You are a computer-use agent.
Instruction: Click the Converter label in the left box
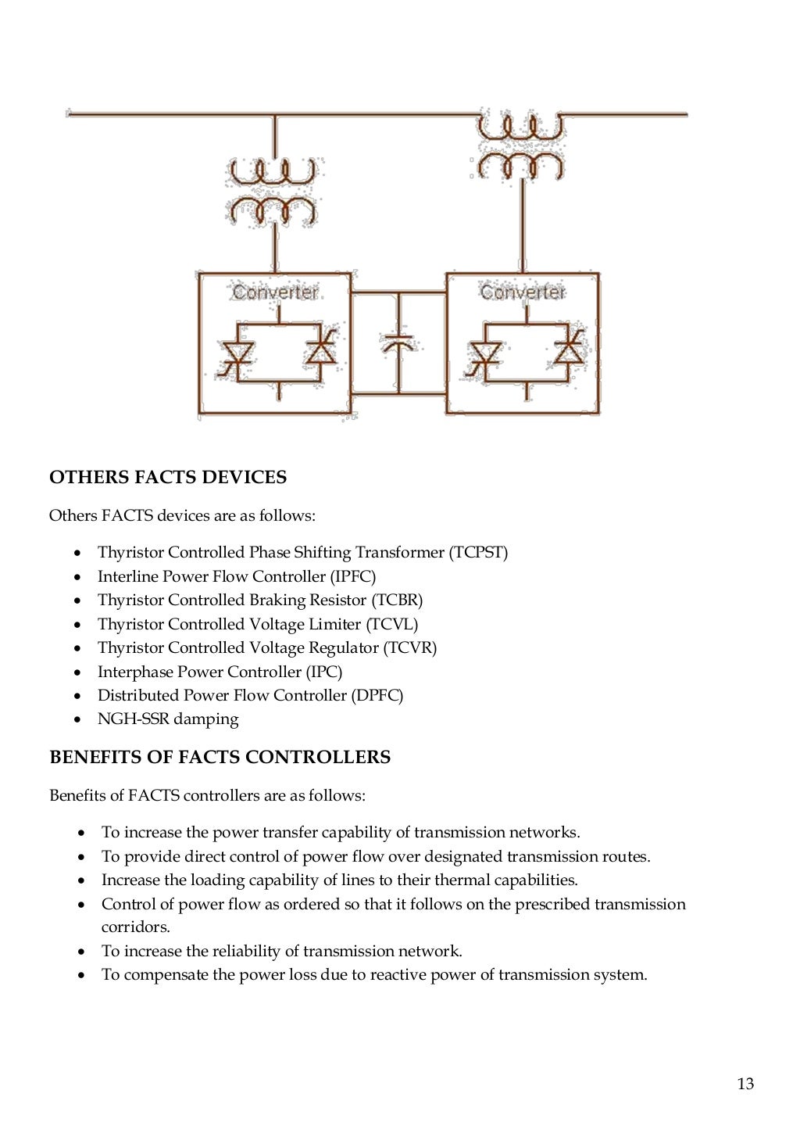click(275, 292)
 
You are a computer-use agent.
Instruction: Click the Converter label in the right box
click(522, 292)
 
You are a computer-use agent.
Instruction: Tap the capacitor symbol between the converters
click(398, 342)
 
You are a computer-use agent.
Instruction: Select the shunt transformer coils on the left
click(273, 192)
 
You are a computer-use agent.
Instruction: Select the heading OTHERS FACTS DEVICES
click(168, 477)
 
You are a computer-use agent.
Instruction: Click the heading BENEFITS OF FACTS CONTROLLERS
click(220, 757)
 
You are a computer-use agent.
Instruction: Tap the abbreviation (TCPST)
click(478, 552)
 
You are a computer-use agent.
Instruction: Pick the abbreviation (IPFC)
click(352, 576)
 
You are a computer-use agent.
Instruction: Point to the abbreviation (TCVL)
click(392, 624)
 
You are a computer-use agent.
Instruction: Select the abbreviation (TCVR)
click(410, 647)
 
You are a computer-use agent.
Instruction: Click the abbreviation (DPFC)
click(377, 695)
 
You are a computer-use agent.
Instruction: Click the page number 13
click(745, 1083)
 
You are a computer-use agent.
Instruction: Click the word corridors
click(135, 927)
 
